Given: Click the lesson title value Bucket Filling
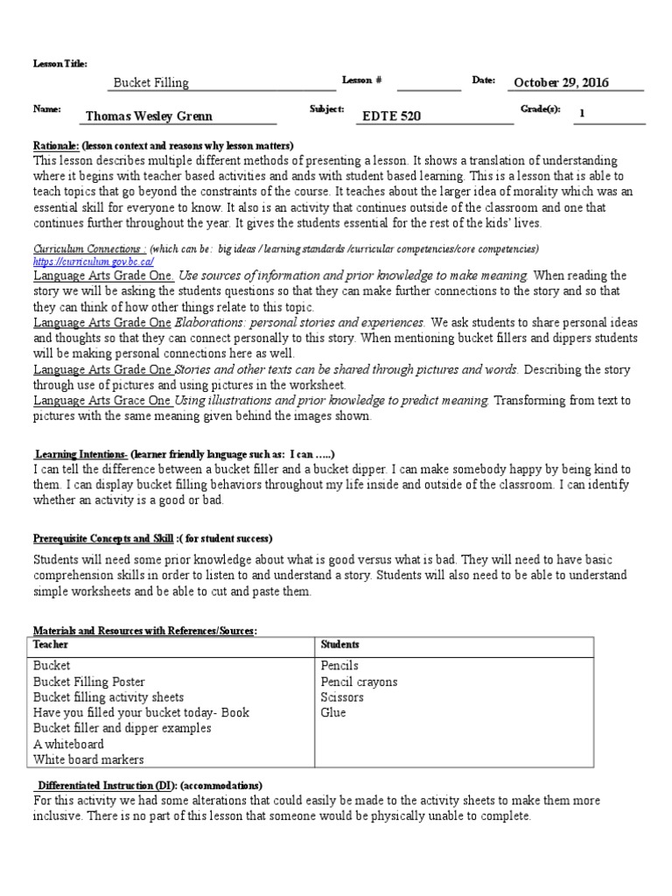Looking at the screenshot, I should pos(150,83).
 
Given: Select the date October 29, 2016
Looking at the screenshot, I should pos(561,83).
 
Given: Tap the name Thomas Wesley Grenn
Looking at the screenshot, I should pos(149,115).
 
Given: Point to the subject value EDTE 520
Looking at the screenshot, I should pos(391,115).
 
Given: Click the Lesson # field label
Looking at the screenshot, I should pos(361,80).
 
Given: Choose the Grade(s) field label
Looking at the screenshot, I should pos(539,110).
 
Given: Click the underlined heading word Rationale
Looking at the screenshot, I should pos(56,145).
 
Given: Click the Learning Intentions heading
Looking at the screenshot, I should pos(81,456).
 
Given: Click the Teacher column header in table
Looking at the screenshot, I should pos(50,644).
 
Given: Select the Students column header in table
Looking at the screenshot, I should pos(339,644).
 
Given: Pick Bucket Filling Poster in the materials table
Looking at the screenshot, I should pos(89,682).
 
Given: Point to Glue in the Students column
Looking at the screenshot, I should pos(333,713).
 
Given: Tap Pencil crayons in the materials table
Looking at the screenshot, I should pos(359,682).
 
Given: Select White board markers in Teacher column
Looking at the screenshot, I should pos(88,760).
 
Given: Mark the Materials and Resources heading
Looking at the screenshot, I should pos(144,630).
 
